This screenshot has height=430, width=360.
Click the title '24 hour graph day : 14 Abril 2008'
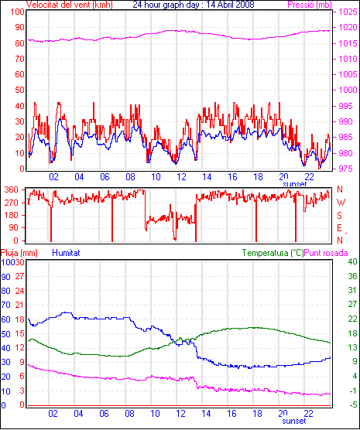(x=194, y=5)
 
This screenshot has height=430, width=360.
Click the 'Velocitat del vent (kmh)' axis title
(x=70, y=5)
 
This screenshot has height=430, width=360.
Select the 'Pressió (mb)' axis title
(x=310, y=5)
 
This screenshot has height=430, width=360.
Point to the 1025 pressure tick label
(x=348, y=12)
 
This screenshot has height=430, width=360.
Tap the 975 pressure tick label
(x=346, y=169)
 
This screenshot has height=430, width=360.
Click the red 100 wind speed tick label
(x=17, y=12)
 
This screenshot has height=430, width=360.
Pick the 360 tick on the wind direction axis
(x=12, y=189)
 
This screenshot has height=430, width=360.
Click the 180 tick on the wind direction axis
(x=12, y=215)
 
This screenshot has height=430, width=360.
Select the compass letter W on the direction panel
(x=341, y=203)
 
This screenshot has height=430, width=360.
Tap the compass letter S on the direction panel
(x=339, y=216)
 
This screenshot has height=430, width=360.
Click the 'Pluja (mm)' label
(x=19, y=253)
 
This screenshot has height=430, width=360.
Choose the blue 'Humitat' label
(x=66, y=253)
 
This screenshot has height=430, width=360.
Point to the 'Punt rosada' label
(x=326, y=253)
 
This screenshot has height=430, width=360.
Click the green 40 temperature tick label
(x=352, y=261)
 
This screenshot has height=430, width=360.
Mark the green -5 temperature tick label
(x=352, y=404)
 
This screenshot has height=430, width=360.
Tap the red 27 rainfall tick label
(x=19, y=276)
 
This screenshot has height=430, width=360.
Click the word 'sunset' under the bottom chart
(x=294, y=421)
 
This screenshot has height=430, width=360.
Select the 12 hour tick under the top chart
(x=181, y=177)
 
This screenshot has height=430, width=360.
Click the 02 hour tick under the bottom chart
(x=53, y=413)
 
